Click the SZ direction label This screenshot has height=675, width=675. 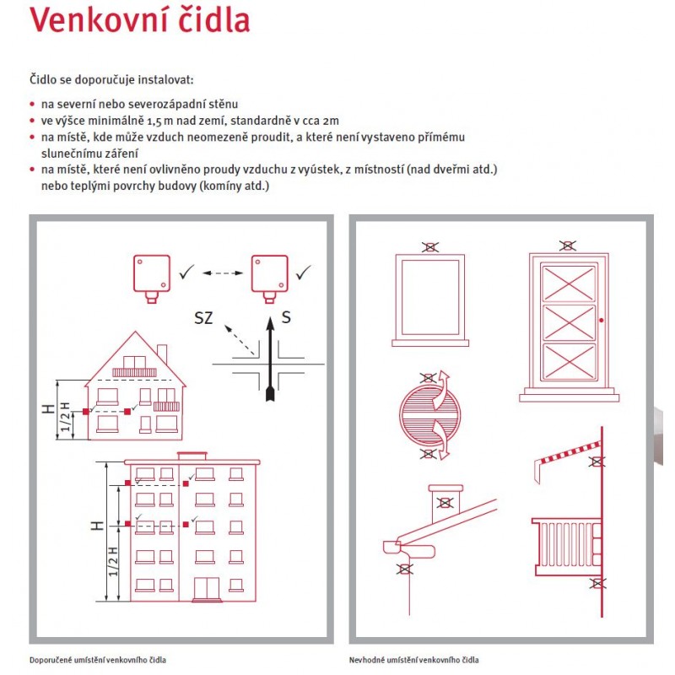pos(204,319)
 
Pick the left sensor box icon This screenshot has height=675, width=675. pos(152,274)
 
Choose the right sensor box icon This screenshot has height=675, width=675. pos(270,274)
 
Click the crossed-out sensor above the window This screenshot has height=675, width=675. pos(429,247)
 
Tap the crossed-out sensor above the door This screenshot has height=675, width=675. pos(568,246)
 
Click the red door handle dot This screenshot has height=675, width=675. pos(600,321)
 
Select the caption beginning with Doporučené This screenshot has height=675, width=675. pos(103,660)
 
